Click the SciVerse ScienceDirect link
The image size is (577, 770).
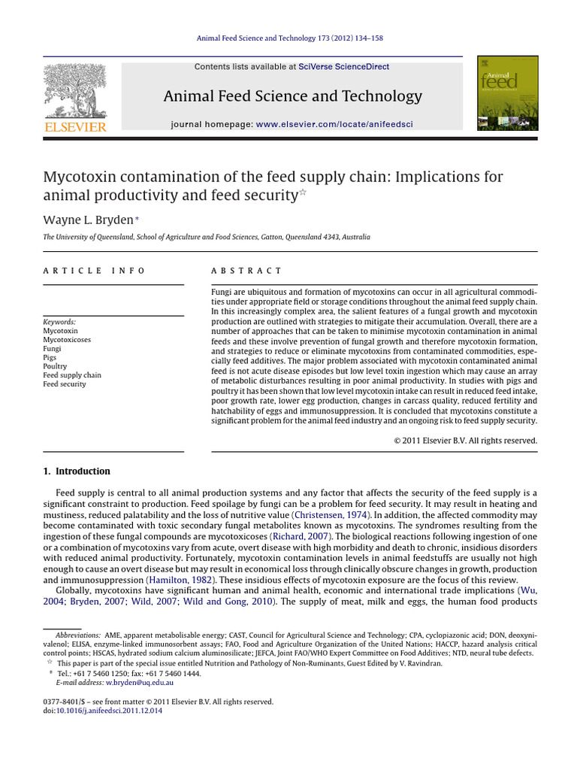click(343, 67)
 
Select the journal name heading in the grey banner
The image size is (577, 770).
click(292, 96)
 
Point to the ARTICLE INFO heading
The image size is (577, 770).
click(94, 271)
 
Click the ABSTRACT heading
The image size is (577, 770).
click(246, 271)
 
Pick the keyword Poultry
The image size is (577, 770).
click(55, 366)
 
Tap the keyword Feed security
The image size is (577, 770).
click(64, 384)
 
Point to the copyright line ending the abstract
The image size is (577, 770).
click(466, 441)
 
